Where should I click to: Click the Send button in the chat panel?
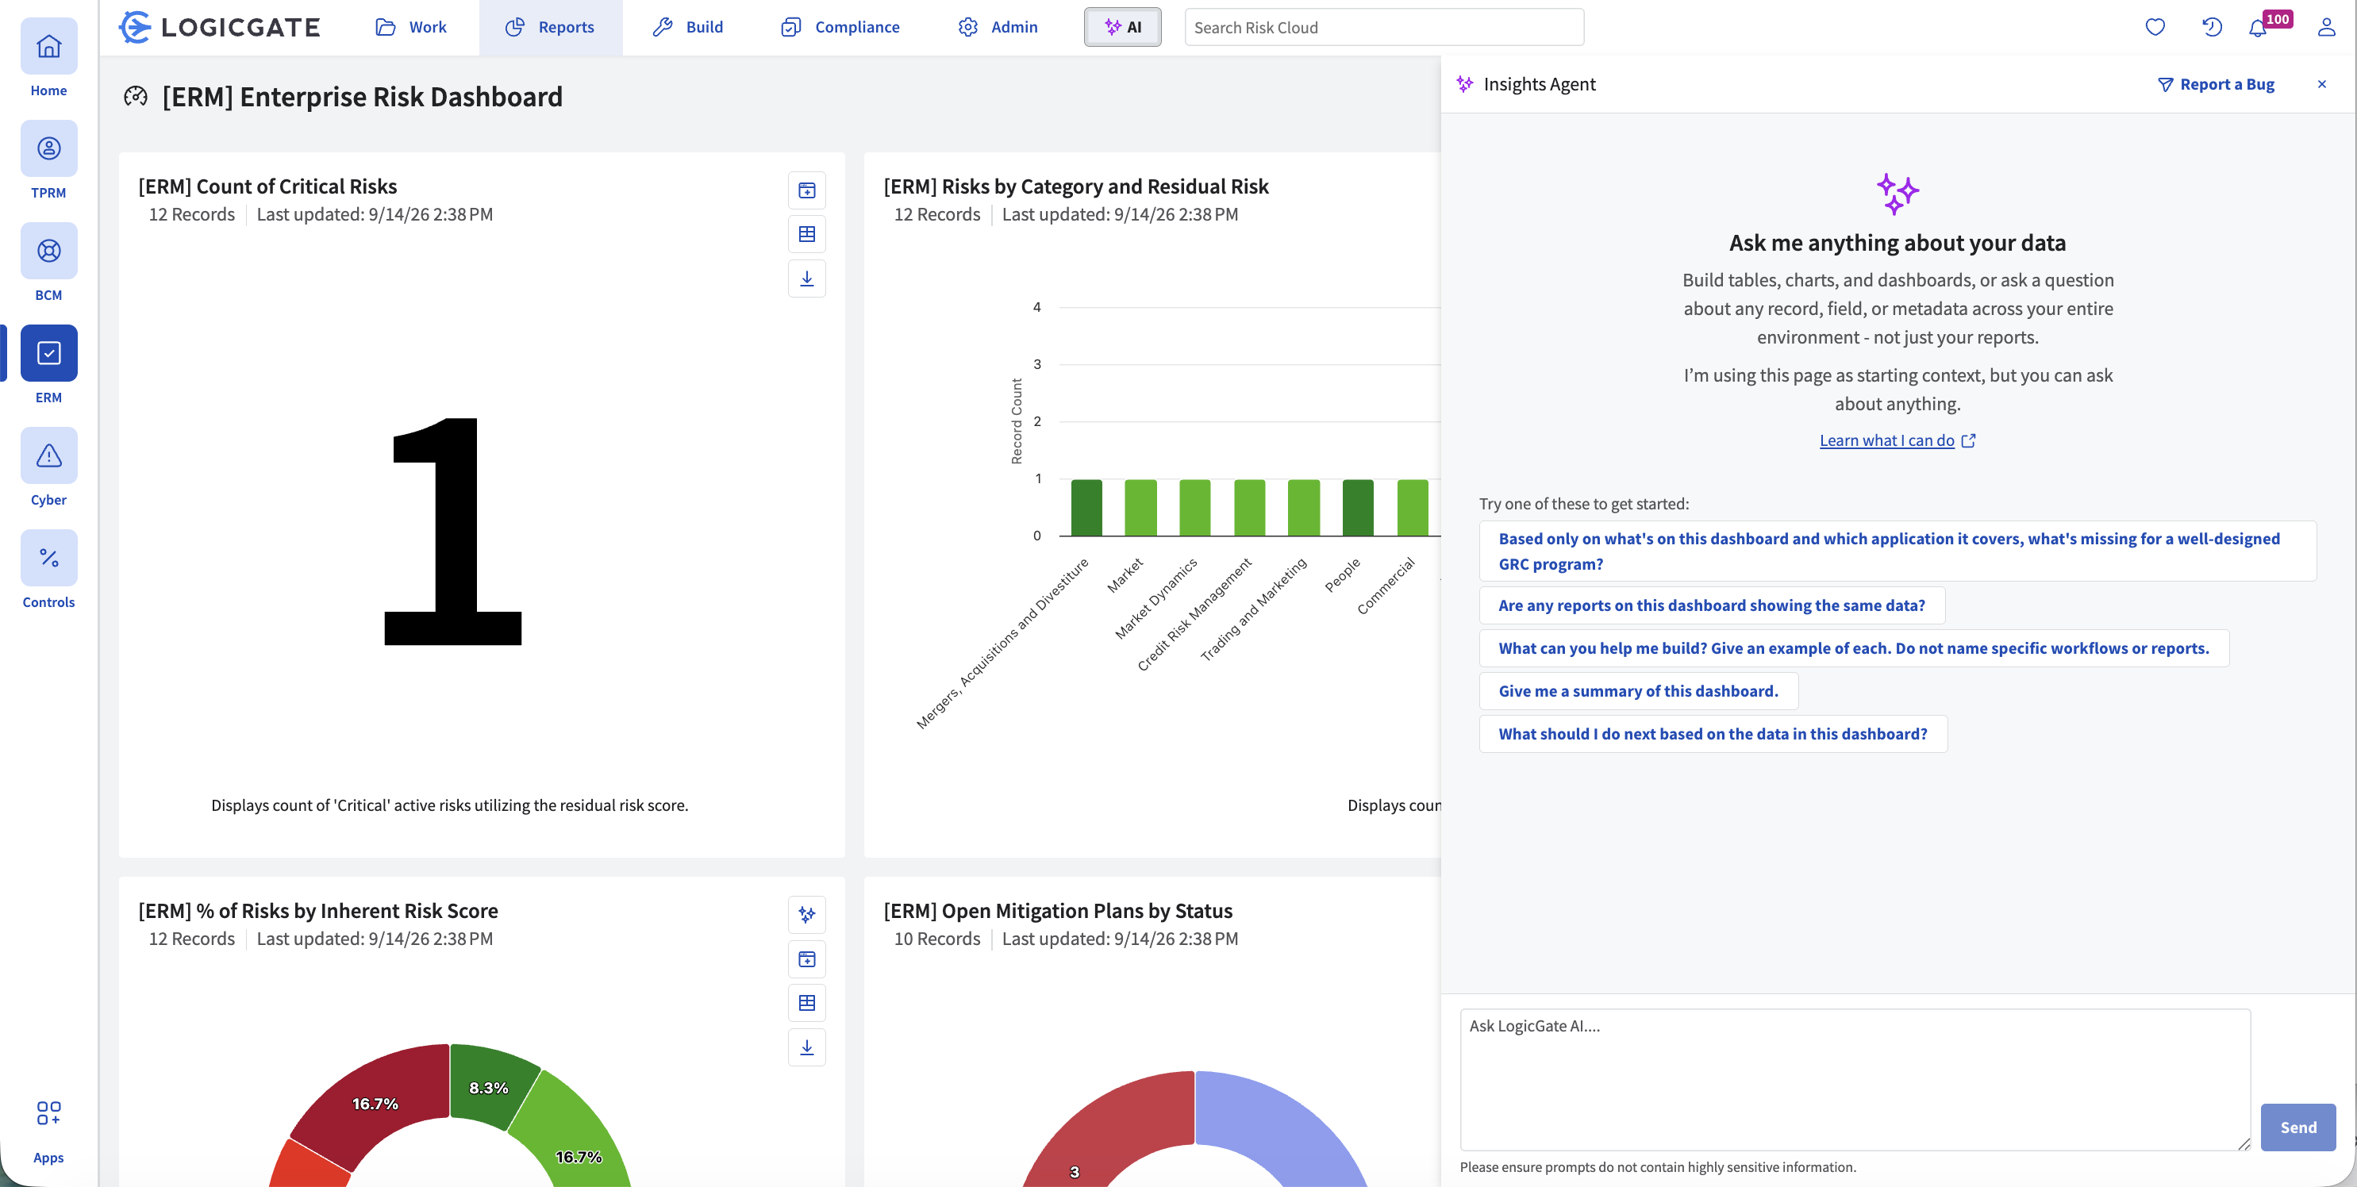tap(2297, 1127)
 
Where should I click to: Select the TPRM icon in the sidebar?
tap(48, 149)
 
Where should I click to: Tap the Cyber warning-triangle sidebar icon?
tap(48, 455)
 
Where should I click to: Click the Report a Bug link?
tap(2216, 84)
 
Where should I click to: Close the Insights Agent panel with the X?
tap(2321, 84)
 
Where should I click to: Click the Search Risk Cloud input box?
tap(1383, 28)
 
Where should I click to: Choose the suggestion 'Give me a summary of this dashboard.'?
tap(1638, 691)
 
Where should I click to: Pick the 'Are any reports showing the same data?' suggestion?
tap(1711, 605)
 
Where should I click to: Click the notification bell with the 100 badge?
tap(2257, 29)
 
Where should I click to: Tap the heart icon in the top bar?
tap(2155, 28)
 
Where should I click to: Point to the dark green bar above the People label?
tap(1358, 508)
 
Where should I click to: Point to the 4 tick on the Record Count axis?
tap(1036, 307)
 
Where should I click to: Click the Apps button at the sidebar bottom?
tap(48, 1131)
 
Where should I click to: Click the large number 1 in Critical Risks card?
tap(453, 532)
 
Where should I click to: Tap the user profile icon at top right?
tap(2326, 28)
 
